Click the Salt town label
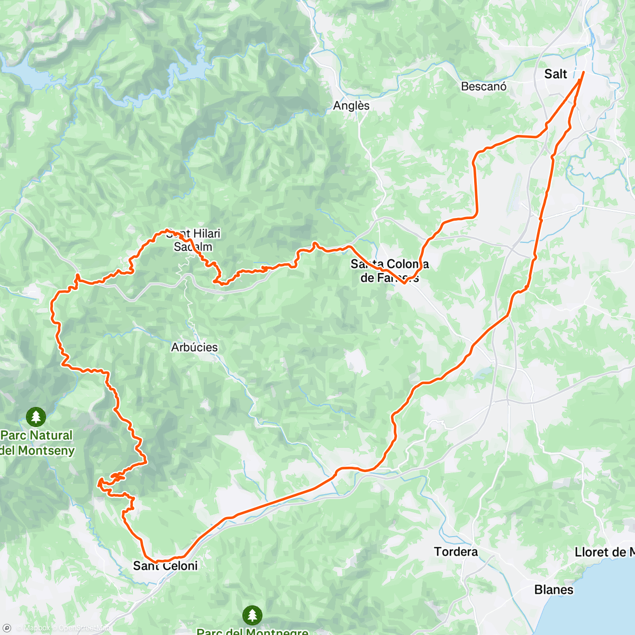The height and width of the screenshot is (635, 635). [x=555, y=74]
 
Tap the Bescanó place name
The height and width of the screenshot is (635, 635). [x=484, y=86]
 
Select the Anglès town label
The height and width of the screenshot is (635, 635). [x=351, y=106]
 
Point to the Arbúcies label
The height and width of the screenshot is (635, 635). [x=194, y=348]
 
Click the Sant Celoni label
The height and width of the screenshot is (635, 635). [x=165, y=566]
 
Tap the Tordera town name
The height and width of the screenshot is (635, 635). [x=456, y=552]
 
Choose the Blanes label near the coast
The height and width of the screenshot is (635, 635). [x=554, y=589]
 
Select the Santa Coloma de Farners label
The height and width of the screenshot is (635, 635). [x=389, y=271]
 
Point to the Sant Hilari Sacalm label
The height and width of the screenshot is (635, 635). [x=193, y=240]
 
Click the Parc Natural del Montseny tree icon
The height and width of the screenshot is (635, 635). [x=36, y=416]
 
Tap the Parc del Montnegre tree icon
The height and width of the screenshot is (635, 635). [x=252, y=615]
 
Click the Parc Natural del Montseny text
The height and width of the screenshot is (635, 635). [x=37, y=443]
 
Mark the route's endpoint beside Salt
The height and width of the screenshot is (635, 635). [x=583, y=72]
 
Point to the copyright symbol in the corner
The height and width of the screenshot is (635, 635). [x=7, y=628]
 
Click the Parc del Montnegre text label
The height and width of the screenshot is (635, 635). [x=252, y=631]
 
